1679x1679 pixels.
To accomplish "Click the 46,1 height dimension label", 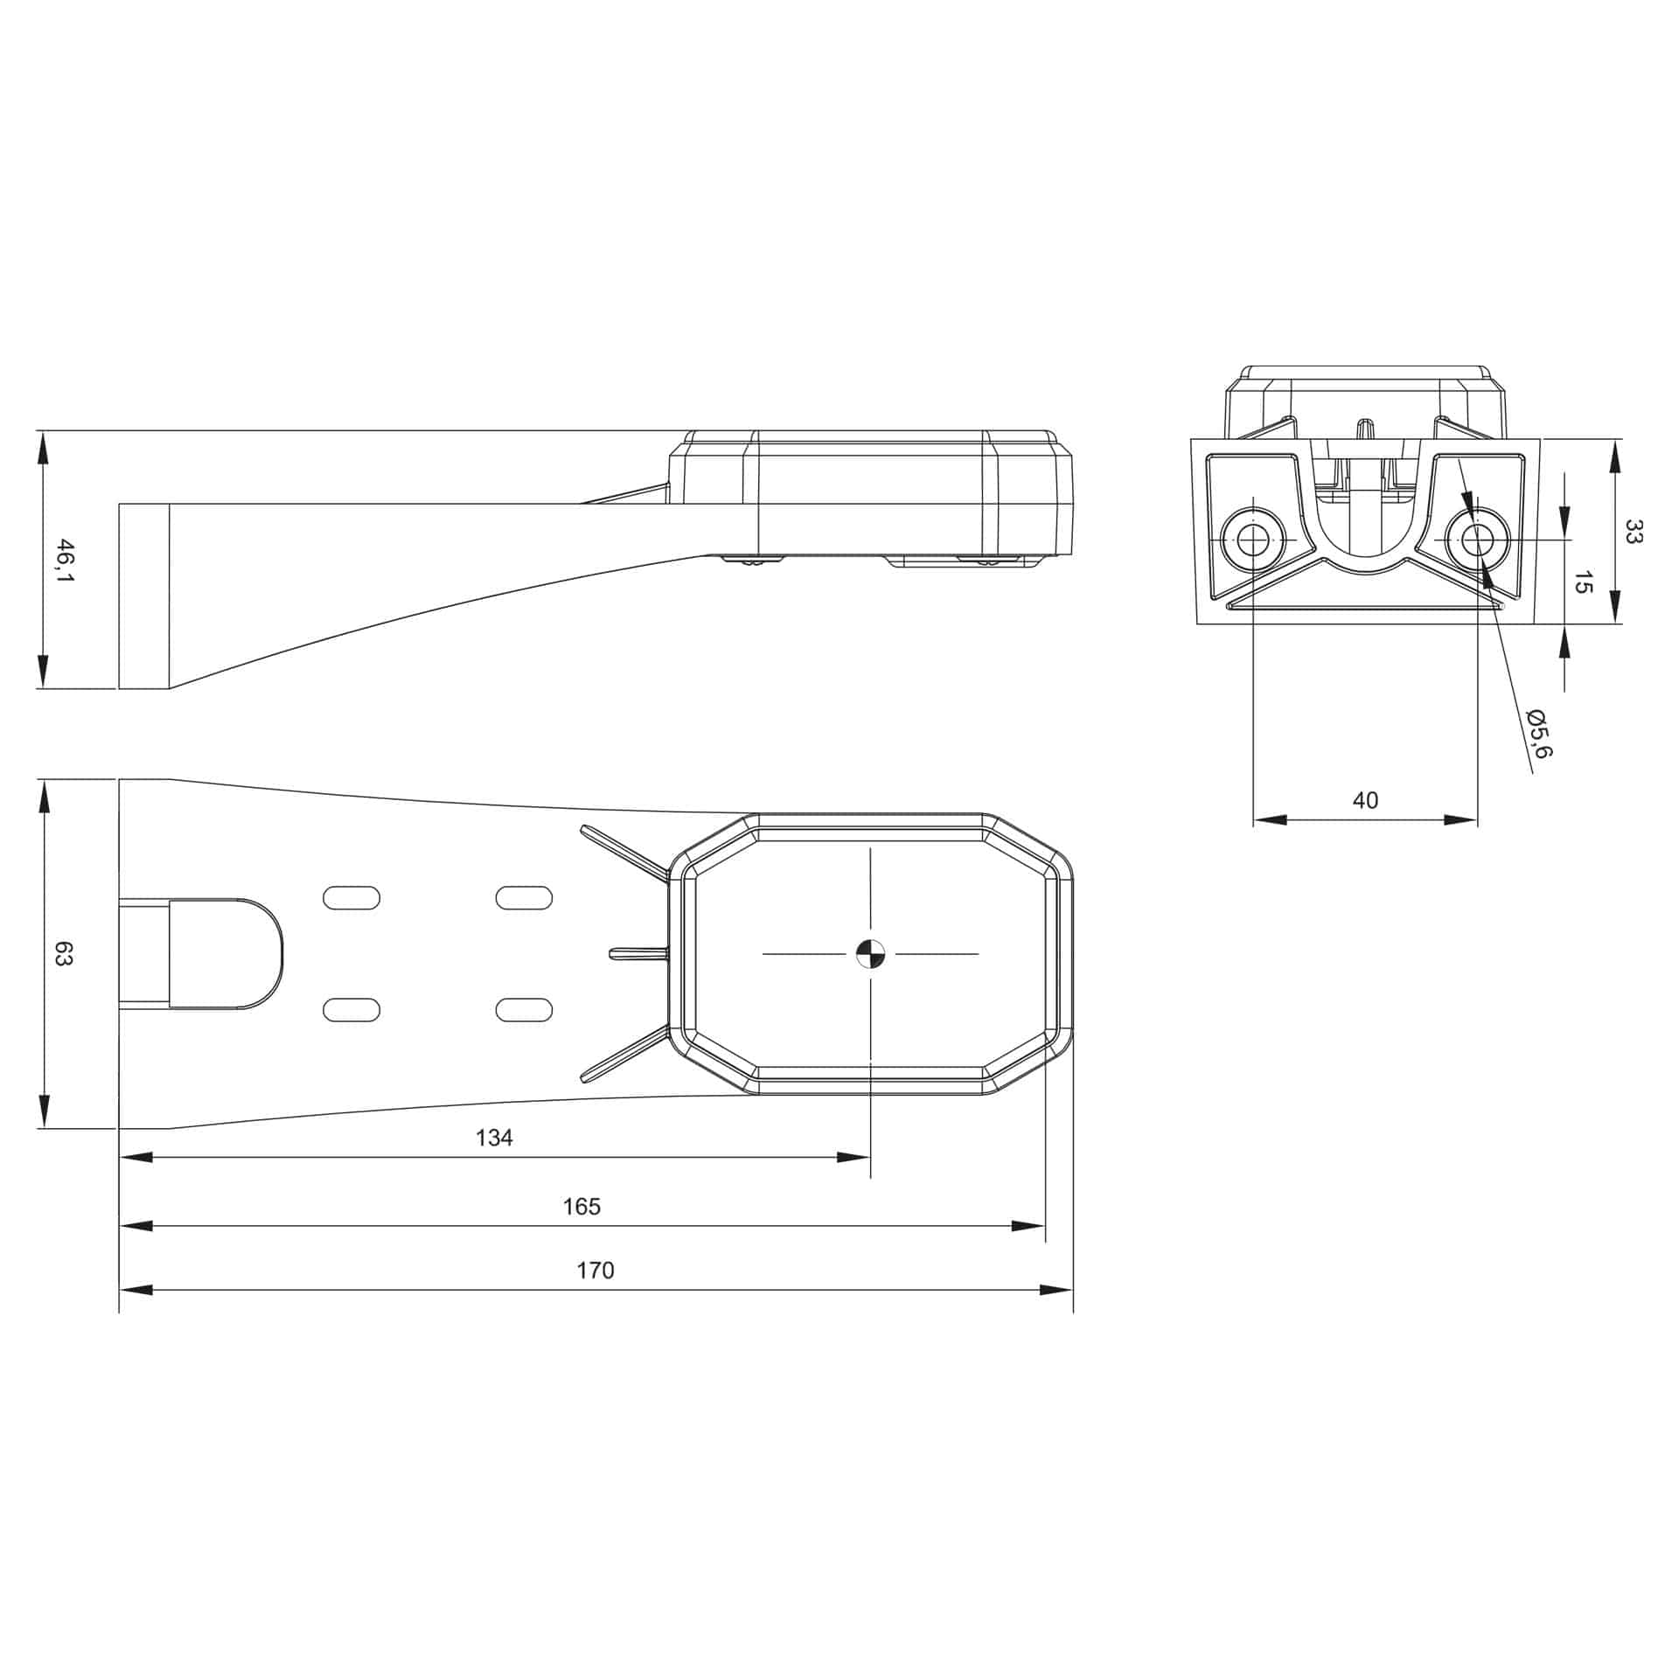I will click(x=64, y=561).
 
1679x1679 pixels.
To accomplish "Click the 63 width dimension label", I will click(x=64, y=953).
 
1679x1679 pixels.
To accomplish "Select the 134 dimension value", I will click(x=494, y=1137).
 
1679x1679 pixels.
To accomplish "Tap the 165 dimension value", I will click(x=582, y=1206).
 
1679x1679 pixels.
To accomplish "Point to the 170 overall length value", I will click(x=595, y=1270).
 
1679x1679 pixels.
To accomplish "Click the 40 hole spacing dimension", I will click(x=1365, y=800).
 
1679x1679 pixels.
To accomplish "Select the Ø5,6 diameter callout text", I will click(x=1538, y=733).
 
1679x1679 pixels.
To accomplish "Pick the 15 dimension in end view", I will click(x=1582, y=582).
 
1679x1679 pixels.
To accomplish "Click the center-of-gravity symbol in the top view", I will click(x=871, y=954).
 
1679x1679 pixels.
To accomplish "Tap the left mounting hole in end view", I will click(x=1253, y=540).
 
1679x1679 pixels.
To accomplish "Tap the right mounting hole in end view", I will click(x=1477, y=540).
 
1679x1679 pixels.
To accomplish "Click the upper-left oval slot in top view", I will click(x=352, y=897).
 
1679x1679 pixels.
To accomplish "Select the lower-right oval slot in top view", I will click(x=524, y=1010).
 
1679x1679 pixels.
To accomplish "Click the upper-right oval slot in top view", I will click(x=524, y=897).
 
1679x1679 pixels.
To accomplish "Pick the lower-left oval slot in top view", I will click(x=352, y=1010).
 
